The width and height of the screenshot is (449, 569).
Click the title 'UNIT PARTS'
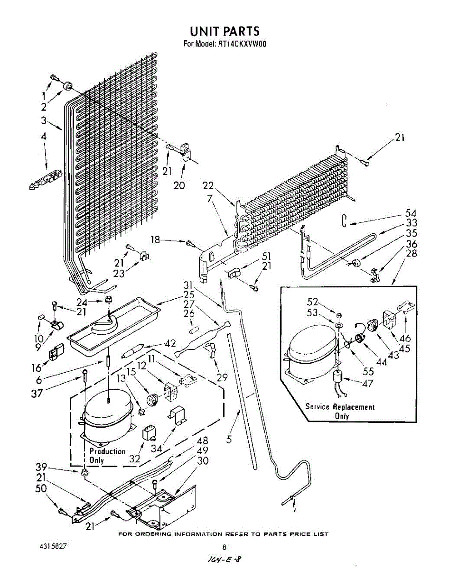coord(224,31)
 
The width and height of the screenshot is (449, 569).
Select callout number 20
coord(179,185)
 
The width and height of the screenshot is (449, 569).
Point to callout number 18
coord(155,240)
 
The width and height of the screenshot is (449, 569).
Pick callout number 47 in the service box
coord(367,384)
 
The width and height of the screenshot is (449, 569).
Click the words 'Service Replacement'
coord(339,407)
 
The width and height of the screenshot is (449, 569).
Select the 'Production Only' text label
coord(107,456)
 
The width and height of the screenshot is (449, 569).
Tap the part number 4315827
coord(52,546)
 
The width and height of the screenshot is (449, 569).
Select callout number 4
coord(43,136)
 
